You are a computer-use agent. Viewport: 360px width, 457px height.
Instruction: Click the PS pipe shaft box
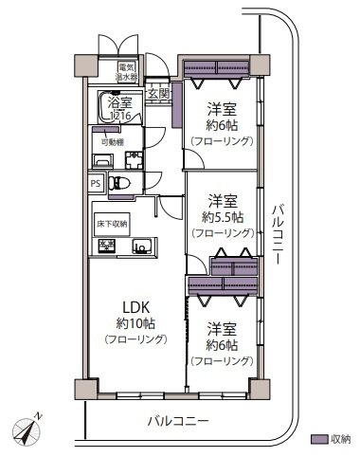click(x=96, y=184)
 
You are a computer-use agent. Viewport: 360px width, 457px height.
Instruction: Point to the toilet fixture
click(x=117, y=184)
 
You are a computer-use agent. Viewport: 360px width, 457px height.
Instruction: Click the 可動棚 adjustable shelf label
click(x=112, y=141)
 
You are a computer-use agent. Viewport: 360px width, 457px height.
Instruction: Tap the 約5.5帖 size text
click(x=223, y=216)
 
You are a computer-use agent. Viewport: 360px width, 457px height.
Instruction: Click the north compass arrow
click(x=29, y=427)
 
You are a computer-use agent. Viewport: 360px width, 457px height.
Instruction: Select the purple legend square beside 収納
click(x=318, y=439)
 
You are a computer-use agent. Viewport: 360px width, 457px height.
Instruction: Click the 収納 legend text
click(x=339, y=439)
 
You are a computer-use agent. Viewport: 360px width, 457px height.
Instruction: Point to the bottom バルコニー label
click(x=178, y=419)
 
